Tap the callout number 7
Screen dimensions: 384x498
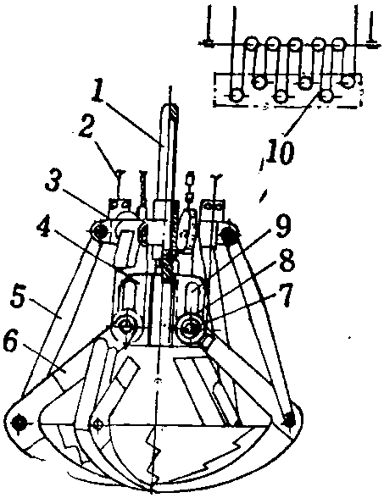[x=287, y=296]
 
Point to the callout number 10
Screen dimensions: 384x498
[x=281, y=153]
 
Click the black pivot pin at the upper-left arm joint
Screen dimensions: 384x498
[x=100, y=233]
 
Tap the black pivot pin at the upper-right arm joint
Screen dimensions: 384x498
[x=228, y=235]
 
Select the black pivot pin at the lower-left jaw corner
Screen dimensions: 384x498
[x=19, y=423]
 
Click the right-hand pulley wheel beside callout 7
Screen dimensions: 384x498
[x=188, y=329]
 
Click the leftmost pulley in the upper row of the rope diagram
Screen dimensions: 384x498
[x=252, y=42]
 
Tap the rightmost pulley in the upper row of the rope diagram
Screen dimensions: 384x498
[x=339, y=43]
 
